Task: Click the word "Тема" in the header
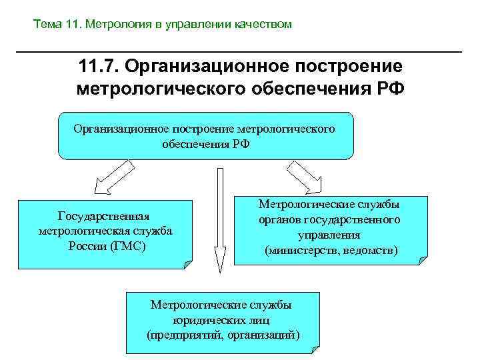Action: [x=48, y=25]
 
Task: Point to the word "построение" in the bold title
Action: [x=339, y=67]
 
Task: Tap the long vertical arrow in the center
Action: [x=218, y=220]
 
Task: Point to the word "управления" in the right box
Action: [x=329, y=235]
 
